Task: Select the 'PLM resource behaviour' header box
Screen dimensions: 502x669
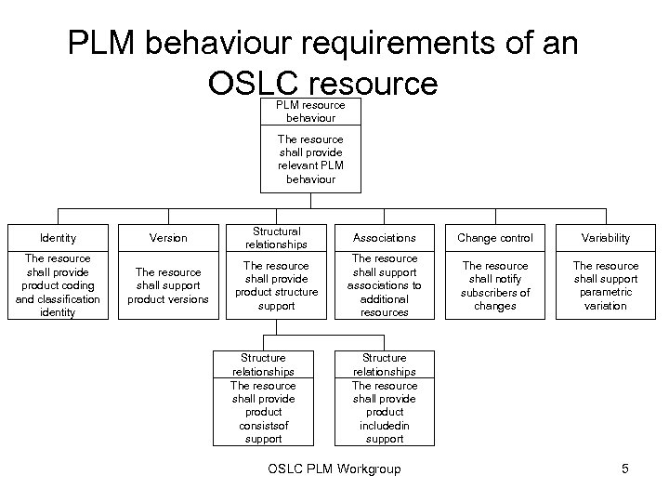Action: point(310,112)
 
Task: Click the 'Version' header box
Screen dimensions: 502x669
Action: point(168,238)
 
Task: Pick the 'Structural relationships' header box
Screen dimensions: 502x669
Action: point(276,238)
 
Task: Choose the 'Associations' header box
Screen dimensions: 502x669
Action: point(384,238)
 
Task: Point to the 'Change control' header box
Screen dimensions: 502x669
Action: point(495,238)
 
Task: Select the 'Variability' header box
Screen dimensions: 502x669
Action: point(606,238)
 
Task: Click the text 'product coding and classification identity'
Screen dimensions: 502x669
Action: point(58,299)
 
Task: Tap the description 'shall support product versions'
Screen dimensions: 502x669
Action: point(168,293)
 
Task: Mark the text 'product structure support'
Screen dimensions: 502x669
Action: point(276,293)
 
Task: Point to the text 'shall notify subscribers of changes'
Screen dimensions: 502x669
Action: point(495,293)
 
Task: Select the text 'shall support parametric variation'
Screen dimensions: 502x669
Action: point(606,293)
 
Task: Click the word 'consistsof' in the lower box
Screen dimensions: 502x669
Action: point(263,425)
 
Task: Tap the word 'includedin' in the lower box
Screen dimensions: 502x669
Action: point(385,425)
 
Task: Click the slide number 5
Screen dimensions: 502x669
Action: point(625,469)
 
